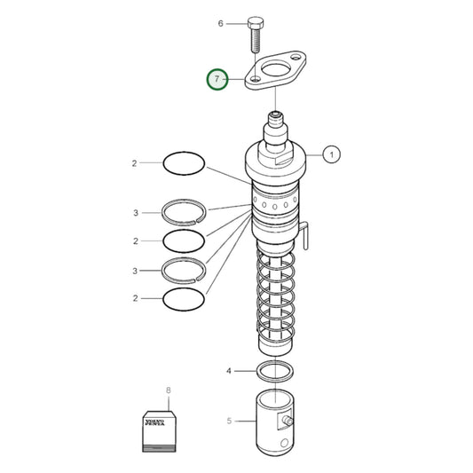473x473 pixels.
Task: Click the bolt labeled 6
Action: pyautogui.click(x=256, y=34)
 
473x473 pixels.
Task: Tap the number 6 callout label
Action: pyautogui.click(x=221, y=23)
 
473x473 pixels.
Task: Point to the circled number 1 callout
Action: pyautogui.click(x=331, y=155)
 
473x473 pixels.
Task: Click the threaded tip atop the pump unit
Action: pyautogui.click(x=275, y=116)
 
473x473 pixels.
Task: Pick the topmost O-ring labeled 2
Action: pyautogui.click(x=184, y=162)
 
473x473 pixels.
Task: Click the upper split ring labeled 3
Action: pyautogui.click(x=184, y=212)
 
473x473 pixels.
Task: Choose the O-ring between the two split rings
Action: pyautogui.click(x=184, y=240)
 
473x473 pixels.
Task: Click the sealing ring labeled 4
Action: pyautogui.click(x=276, y=370)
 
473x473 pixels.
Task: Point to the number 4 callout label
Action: pyautogui.click(x=228, y=370)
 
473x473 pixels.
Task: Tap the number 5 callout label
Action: pyautogui.click(x=228, y=420)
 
